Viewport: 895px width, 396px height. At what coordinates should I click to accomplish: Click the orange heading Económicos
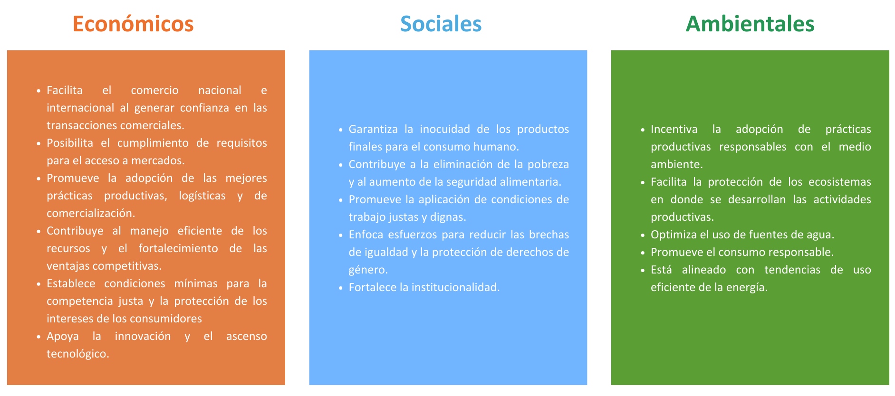133,24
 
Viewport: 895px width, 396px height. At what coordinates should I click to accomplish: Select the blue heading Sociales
441,24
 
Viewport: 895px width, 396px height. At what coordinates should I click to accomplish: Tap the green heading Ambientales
750,24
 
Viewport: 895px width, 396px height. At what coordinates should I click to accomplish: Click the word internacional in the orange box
80,108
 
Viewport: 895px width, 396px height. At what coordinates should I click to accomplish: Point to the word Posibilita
70,143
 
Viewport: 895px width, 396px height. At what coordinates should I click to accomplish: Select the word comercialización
91,214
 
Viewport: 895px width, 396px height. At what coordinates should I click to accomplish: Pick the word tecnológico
78,354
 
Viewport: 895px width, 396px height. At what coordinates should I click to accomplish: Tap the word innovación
143,336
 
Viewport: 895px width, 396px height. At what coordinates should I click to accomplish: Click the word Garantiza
373,129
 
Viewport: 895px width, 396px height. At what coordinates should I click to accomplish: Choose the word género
368,270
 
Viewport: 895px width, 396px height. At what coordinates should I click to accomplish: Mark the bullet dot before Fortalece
340,288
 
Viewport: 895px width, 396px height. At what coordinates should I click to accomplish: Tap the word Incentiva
674,129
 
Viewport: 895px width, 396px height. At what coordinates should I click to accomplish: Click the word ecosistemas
839,182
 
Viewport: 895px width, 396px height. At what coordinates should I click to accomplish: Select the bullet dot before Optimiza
643,236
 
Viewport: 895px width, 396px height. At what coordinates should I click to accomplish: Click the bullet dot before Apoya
38,337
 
